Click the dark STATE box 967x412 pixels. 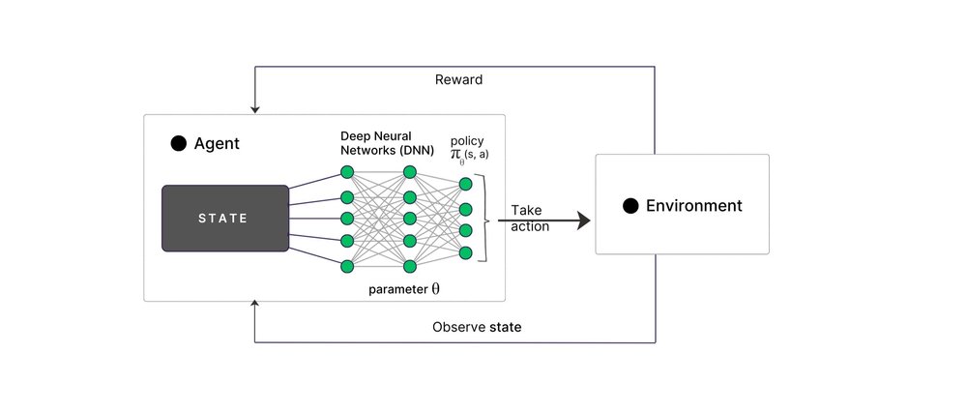[x=225, y=219]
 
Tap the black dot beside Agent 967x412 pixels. [x=178, y=144]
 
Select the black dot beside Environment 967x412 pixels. [x=630, y=206]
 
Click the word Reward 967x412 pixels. [x=458, y=79]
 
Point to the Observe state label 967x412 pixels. [x=477, y=327]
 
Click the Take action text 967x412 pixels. [x=530, y=219]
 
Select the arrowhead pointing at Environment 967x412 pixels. [x=583, y=220]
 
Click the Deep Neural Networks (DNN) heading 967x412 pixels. [x=388, y=143]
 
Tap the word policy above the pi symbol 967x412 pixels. [x=467, y=141]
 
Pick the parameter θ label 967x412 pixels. [x=404, y=289]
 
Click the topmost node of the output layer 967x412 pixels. [x=466, y=184]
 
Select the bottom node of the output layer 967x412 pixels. [x=466, y=252]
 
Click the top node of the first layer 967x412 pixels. [x=347, y=172]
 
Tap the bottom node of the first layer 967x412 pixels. [x=347, y=266]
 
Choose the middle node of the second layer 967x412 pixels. [x=410, y=219]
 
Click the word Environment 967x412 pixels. [x=693, y=206]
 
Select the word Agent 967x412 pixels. [x=217, y=144]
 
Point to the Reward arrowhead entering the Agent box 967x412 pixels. [x=254, y=110]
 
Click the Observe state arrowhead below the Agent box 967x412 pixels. [x=254, y=304]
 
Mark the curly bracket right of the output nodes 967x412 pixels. [x=489, y=219]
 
